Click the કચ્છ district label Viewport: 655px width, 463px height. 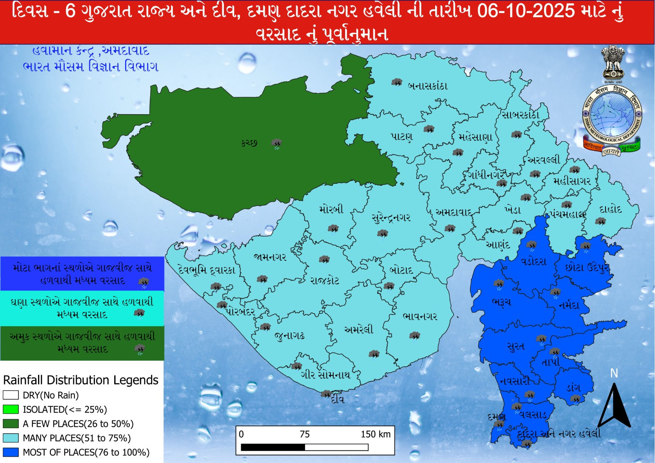coord(249,143)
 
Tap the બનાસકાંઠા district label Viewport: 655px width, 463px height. coord(428,86)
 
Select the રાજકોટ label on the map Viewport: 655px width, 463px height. coord(325,281)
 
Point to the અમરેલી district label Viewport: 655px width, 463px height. coord(359,330)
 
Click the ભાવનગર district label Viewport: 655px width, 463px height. coord(420,316)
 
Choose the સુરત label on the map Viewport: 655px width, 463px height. coord(515,346)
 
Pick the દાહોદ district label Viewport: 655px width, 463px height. coord(610,210)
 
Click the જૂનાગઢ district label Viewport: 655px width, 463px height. coord(289,337)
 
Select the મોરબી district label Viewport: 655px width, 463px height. coord(331,210)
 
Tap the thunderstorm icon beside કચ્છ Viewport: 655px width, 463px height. coord(277,144)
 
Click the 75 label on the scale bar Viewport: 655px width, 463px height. coord(305,434)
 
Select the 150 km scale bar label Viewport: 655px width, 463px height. coord(375,434)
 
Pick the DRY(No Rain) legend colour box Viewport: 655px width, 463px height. coord(11,395)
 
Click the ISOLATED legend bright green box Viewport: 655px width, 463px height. coord(11,409)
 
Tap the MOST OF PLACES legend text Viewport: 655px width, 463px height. coord(86,452)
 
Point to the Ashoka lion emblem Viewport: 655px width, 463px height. coord(613,61)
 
